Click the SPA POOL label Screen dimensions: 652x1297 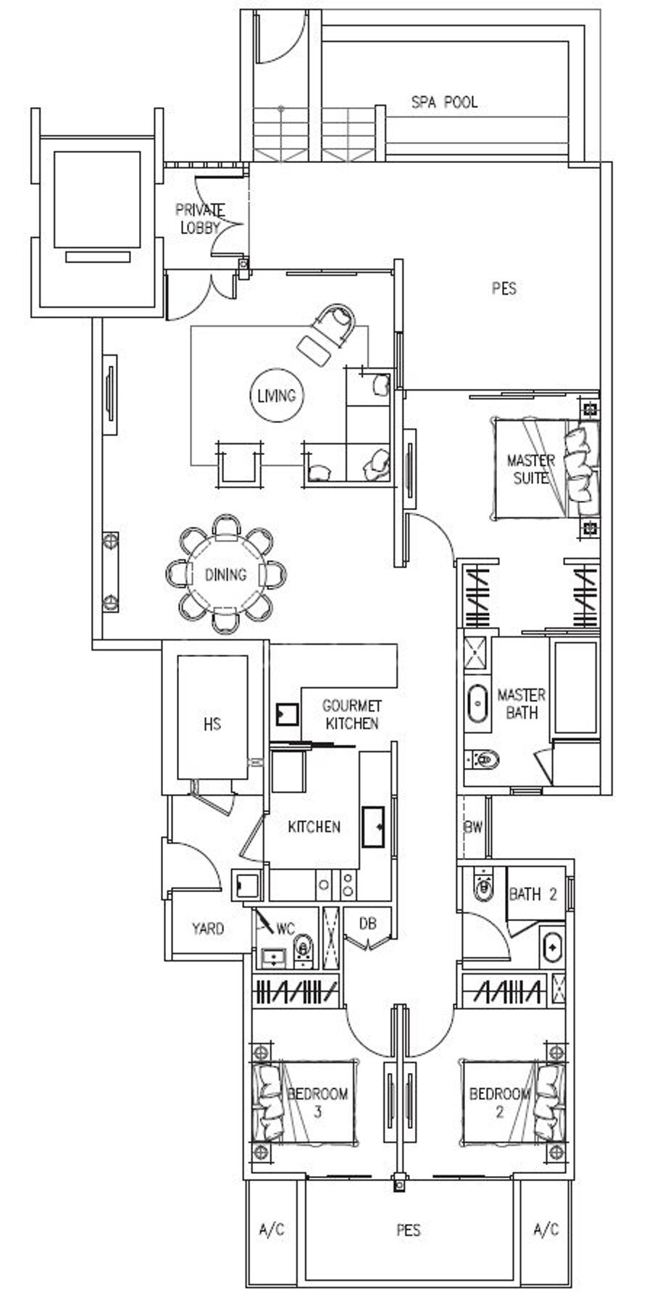[444, 102]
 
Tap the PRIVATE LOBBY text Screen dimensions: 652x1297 [200, 218]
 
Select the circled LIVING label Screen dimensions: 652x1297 [277, 396]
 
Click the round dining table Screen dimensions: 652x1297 [226, 575]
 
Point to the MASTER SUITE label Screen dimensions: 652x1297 [531, 469]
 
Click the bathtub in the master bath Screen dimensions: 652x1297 [478, 703]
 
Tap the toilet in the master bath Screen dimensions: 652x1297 [484, 759]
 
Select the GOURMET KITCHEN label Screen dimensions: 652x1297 [352, 714]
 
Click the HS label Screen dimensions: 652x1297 [212, 724]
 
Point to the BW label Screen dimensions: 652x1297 [474, 827]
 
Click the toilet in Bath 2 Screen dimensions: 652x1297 [483, 885]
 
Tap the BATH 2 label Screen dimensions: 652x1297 [533, 894]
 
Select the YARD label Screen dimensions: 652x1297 [208, 928]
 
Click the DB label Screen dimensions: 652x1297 [368, 923]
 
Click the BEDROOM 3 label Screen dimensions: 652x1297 [317, 1102]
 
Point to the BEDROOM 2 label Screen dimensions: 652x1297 [499, 1102]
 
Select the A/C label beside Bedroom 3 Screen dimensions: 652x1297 [272, 1229]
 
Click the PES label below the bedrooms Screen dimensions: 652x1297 [409, 1230]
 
